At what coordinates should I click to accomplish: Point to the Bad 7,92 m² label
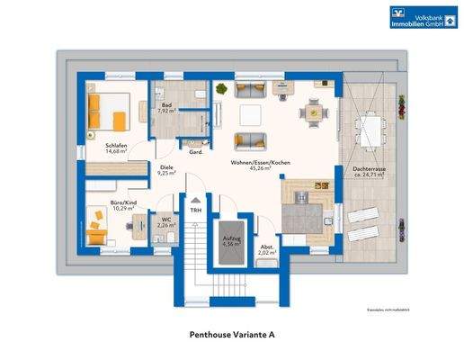coord(166,110)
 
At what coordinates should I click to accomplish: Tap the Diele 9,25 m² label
coord(167,170)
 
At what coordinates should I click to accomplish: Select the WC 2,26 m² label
coord(165,222)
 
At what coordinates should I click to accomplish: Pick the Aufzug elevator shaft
coord(228,241)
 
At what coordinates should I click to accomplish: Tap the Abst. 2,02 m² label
coord(265,251)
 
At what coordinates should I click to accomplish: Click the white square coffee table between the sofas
coord(251,115)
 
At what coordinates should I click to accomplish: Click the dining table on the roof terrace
coord(370,128)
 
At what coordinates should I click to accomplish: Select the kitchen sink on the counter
coord(327,220)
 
